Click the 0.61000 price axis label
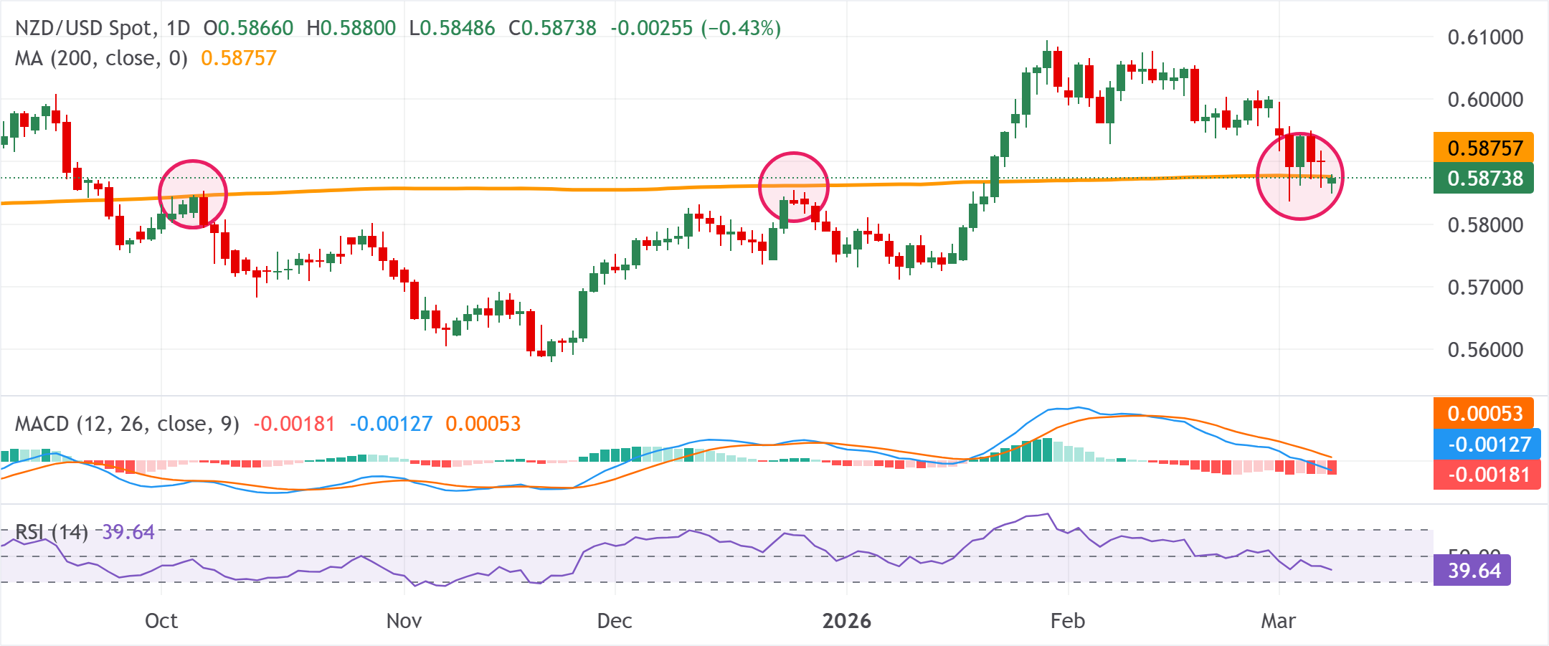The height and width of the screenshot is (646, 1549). (1485, 37)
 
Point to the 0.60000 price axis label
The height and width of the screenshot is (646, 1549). (1485, 100)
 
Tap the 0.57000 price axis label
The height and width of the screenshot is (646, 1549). (1485, 288)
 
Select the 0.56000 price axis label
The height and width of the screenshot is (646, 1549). (1485, 350)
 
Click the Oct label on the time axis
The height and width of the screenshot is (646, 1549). (161, 621)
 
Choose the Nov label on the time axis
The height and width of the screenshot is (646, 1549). (404, 621)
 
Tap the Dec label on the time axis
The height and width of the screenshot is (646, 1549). (615, 621)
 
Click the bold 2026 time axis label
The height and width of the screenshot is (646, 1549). (847, 621)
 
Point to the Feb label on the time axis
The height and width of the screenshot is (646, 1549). (1068, 621)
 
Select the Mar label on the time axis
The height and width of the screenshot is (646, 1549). (1279, 621)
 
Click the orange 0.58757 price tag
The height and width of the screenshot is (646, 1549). (1484, 148)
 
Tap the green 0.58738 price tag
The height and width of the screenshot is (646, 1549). (1484, 179)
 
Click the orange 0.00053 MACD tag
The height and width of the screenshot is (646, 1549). (1484, 413)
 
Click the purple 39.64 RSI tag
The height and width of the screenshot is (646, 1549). (1472, 571)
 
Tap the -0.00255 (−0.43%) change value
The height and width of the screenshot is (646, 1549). (696, 28)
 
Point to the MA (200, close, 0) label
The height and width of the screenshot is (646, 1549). (101, 58)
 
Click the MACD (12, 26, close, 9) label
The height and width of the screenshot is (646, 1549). (127, 424)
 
